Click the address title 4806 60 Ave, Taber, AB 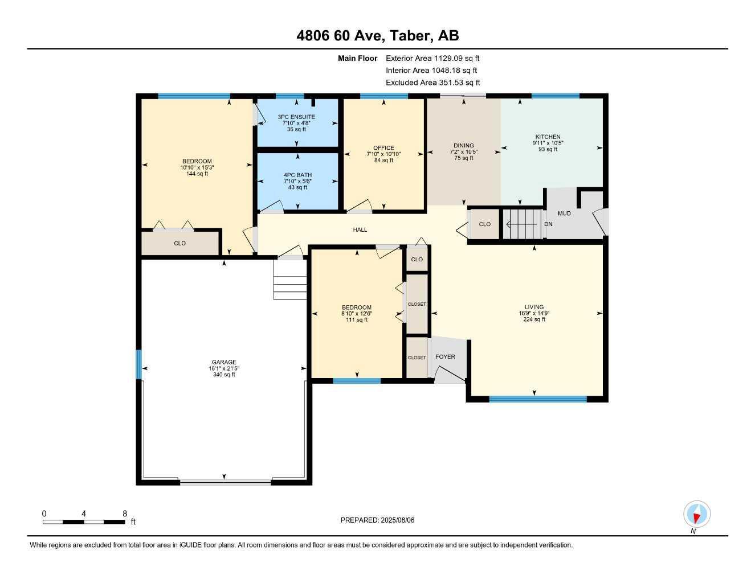pos(378,36)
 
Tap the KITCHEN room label pos(548,137)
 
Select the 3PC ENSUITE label pos(296,117)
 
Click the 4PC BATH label pos(298,175)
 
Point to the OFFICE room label pos(383,148)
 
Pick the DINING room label pos(463,145)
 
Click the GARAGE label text pos(224,362)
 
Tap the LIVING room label pos(534,307)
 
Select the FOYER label pos(445,357)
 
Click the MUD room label pos(564,214)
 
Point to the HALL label pos(360,230)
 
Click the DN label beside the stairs pos(548,224)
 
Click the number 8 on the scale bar pos(125,514)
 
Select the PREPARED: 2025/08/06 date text pos(377,520)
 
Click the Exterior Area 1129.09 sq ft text pos(432,58)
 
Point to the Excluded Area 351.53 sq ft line pos(433,83)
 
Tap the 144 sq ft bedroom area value pos(197,174)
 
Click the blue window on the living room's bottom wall pos(538,399)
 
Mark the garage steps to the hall pos(290,280)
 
